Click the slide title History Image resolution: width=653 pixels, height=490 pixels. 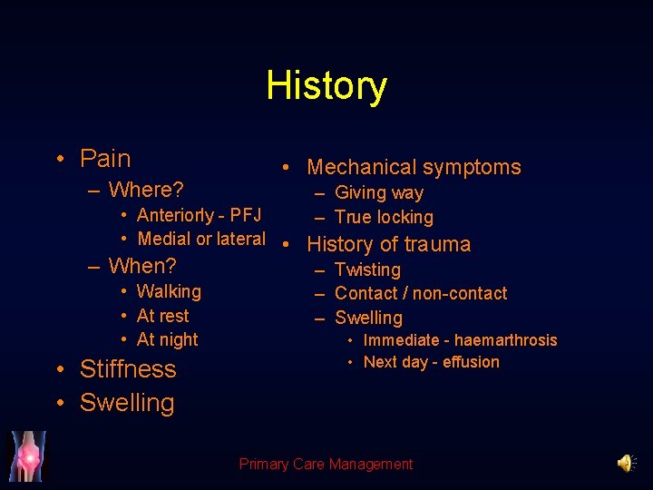coord(326,86)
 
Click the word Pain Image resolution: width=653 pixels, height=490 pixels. coord(105,159)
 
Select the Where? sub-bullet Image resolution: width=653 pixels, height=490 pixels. coord(146,190)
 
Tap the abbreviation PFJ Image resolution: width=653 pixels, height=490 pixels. coord(246,215)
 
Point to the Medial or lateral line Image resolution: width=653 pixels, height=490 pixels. coord(201,239)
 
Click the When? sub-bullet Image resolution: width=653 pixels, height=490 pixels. coord(142,266)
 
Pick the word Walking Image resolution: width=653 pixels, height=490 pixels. coord(169,291)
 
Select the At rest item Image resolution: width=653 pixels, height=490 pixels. coord(163,316)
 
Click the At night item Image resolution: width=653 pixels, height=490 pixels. coord(167,339)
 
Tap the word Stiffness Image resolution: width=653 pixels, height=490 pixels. coord(128,369)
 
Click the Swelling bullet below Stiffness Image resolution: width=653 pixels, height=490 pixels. coord(127,403)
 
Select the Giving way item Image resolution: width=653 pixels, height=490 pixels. coord(379,192)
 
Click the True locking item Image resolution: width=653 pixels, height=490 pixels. coord(384,217)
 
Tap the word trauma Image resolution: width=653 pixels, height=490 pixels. coord(438,244)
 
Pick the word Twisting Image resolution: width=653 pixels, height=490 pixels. coord(367,269)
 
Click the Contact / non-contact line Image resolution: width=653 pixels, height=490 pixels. coord(421,293)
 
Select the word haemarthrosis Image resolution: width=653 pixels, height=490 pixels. coord(506,340)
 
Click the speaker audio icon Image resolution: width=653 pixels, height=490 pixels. coord(626,464)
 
